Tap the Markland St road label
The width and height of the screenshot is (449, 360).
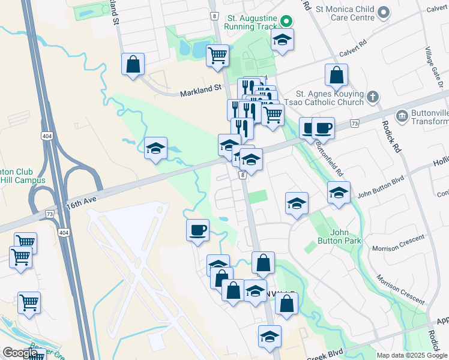(x=201, y=88)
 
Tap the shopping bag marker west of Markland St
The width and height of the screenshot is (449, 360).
(x=133, y=64)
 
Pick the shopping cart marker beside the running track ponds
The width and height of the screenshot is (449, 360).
(x=217, y=56)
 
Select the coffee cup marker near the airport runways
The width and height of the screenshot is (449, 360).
(x=197, y=230)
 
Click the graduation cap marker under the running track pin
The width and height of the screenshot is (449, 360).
(x=281, y=41)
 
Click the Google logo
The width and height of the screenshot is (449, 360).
(x=20, y=353)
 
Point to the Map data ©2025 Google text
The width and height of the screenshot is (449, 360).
(x=411, y=355)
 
